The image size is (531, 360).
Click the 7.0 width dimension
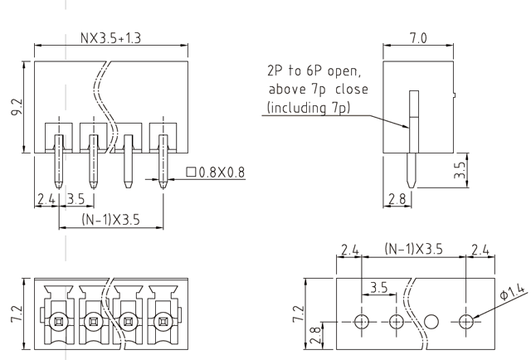click(418, 39)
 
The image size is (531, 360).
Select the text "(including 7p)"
click(310, 108)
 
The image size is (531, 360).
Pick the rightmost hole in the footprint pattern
click(468, 322)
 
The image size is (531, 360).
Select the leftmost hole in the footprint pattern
click(361, 322)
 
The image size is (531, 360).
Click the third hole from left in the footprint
click(431, 322)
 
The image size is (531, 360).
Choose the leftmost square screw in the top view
click(57, 321)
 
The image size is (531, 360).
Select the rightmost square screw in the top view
click(163, 321)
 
